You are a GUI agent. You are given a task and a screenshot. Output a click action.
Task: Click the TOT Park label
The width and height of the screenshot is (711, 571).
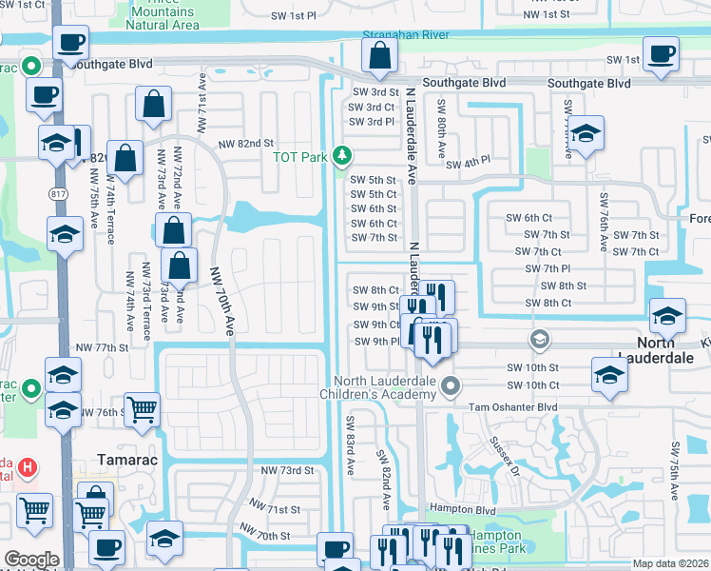[299, 157]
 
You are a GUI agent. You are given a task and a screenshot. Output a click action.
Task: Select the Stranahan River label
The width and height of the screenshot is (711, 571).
[406, 35]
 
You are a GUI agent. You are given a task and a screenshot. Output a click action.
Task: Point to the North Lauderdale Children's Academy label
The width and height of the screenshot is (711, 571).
[393, 390]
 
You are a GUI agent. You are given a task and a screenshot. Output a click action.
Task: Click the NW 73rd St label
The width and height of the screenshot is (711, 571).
[286, 471]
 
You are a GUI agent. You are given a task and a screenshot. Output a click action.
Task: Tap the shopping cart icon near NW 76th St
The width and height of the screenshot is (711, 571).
[143, 410]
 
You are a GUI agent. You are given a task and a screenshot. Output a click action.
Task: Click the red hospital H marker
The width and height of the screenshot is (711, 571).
[29, 467]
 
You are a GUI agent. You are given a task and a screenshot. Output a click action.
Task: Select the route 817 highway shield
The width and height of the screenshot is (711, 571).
[59, 193]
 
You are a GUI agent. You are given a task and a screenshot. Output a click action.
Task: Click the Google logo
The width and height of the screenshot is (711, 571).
[31, 560]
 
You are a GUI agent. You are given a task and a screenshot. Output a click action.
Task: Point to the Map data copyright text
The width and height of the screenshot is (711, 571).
[670, 563]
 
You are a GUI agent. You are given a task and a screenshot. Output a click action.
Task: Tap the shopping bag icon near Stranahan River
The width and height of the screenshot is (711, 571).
[380, 59]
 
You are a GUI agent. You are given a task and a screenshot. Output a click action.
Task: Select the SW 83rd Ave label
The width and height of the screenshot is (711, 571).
[350, 438]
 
